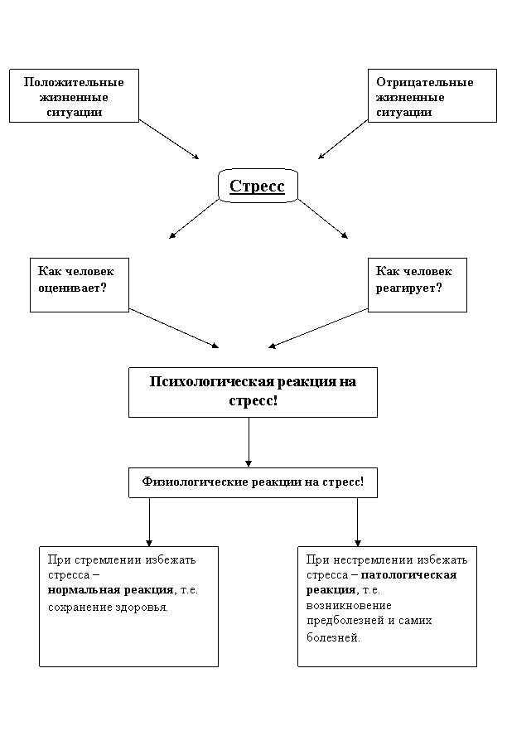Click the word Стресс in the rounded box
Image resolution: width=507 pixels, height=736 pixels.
pyautogui.click(x=257, y=186)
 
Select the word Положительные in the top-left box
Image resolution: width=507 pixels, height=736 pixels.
pyautogui.click(x=74, y=82)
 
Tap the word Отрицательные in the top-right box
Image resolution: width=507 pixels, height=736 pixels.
pyautogui.click(x=424, y=82)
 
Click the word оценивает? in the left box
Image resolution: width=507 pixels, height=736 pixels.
pyautogui.click(x=72, y=288)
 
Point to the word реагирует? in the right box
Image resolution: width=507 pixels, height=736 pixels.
pyautogui.click(x=408, y=288)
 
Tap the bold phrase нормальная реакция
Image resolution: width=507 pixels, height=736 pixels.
pyautogui.click(x=111, y=590)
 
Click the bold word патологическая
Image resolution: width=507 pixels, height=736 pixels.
pyautogui.click(x=408, y=575)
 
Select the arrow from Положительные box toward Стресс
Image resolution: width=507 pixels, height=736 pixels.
pyautogui.click(x=169, y=139)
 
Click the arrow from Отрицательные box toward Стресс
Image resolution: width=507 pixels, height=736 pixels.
pyautogui.click(x=343, y=139)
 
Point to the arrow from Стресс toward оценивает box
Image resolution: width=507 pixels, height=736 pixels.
pyautogui.click(x=194, y=219)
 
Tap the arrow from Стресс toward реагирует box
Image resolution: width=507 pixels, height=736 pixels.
pyautogui.click(x=323, y=219)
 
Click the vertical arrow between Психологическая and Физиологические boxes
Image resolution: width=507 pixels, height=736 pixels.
pyautogui.click(x=249, y=442)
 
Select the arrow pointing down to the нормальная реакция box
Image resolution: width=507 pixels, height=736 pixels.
pyautogui.click(x=149, y=522)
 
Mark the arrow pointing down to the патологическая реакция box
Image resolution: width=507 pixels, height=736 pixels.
pyautogui.click(x=357, y=522)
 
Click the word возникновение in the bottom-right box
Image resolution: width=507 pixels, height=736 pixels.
pyautogui.click(x=349, y=606)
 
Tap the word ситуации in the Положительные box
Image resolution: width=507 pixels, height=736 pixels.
pyautogui.click(x=74, y=113)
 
